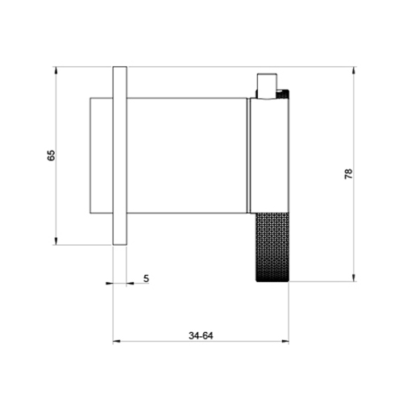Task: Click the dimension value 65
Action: tap(51, 155)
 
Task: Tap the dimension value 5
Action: tap(146, 278)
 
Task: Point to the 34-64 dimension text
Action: tap(200, 334)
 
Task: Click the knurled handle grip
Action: tap(272, 247)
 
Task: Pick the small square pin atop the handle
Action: tap(266, 85)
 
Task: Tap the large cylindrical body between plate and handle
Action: tap(187, 155)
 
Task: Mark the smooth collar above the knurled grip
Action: tap(272, 153)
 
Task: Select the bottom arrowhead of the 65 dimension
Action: tap(56, 239)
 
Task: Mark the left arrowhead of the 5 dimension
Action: tap(110, 283)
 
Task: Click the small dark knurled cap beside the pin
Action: tap(281, 95)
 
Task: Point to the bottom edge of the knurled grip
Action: tap(272, 280)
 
